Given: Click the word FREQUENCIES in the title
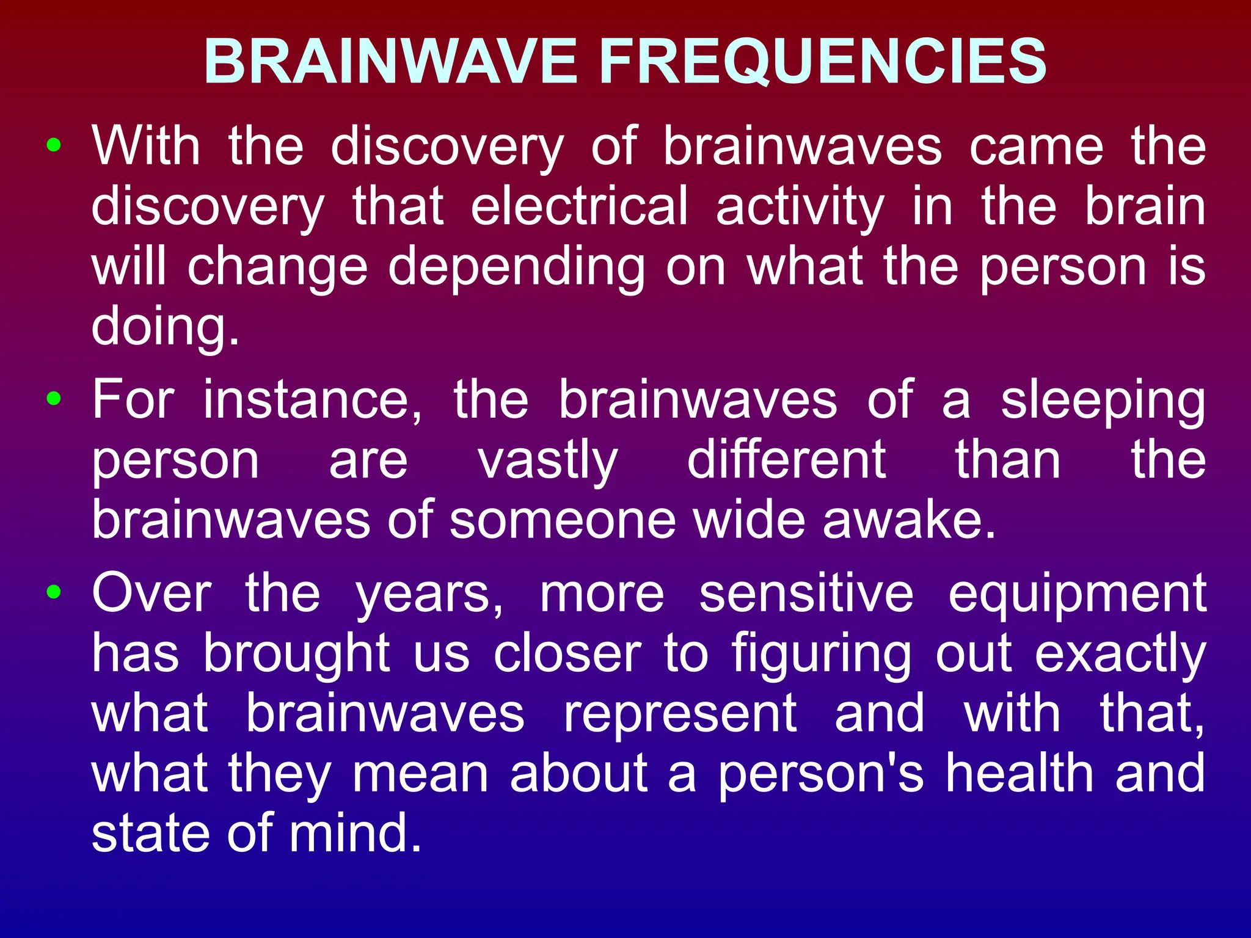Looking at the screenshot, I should (823, 62).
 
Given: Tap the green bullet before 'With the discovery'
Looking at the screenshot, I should (54, 145).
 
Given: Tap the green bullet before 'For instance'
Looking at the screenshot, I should (54, 399).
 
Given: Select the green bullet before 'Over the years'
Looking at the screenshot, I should (54, 592).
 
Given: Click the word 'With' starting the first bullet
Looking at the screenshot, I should (146, 147).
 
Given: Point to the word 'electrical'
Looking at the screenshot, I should (579, 206).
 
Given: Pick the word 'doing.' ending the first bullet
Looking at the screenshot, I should (165, 327).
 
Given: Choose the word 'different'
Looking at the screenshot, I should (786, 459).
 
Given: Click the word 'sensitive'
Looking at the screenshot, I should (806, 593).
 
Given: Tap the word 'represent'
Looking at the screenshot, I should (680, 714).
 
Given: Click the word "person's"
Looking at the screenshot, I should (820, 774).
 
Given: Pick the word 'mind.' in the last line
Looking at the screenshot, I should (355, 833).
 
